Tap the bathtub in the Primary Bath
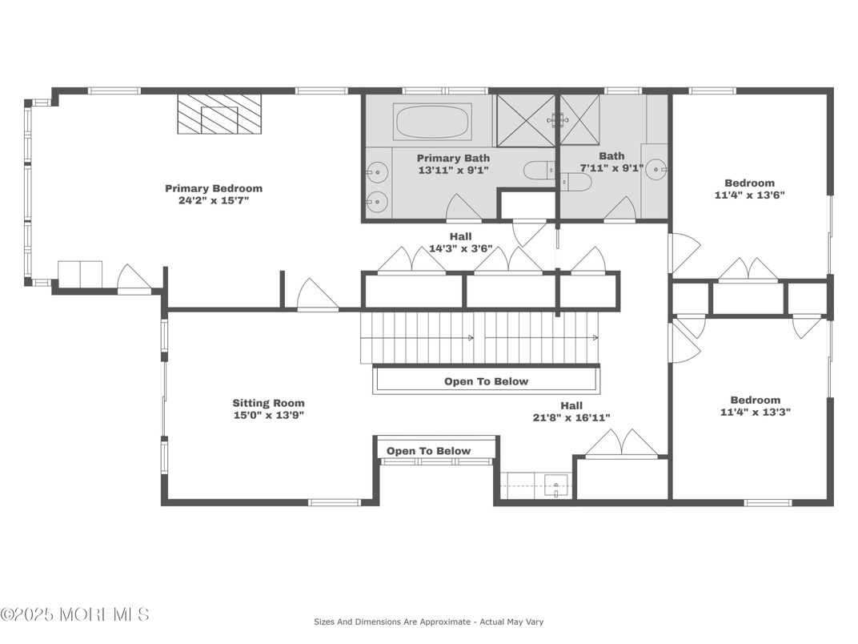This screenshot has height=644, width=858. (x=433, y=123)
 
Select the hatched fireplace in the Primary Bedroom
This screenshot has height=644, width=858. (x=219, y=115)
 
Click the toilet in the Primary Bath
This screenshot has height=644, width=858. (x=539, y=170)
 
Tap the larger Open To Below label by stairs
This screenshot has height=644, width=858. (x=486, y=381)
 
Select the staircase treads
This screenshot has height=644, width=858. (x=479, y=337)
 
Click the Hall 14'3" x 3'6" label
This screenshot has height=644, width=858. (x=460, y=243)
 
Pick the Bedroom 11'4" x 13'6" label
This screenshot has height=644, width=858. (x=749, y=188)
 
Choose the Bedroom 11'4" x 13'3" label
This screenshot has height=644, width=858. (x=754, y=405)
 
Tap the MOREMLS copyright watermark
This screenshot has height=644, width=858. (x=74, y=615)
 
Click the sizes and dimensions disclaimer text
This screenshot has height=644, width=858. (x=428, y=622)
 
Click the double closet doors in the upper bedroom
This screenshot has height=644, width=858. (x=748, y=270)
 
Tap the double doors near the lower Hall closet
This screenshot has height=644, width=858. (x=622, y=443)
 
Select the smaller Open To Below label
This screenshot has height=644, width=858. (x=428, y=451)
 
